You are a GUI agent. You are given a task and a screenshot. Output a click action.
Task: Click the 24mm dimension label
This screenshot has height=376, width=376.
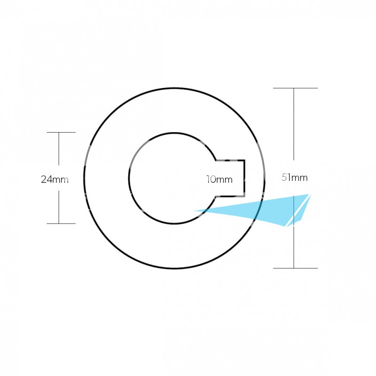pos(55,180)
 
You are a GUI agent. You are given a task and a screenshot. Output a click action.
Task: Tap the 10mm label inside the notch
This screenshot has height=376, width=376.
pos(219,180)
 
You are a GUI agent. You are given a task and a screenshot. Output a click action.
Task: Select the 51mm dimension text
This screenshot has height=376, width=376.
pos(295,178)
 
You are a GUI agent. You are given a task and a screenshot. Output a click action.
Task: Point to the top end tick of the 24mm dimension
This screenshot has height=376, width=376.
pos(61,132)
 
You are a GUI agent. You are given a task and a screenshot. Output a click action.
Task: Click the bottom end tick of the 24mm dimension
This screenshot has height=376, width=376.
pos(61,224)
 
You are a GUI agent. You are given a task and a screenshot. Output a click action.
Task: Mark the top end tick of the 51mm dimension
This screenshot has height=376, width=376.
pos(295,88)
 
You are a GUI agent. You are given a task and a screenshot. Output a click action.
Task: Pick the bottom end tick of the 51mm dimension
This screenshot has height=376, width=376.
pos(295,268)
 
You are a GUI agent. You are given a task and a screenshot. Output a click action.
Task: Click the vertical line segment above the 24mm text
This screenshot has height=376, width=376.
pos(59,149)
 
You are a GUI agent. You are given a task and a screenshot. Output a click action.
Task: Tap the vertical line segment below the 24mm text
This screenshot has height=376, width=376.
pos(59,207)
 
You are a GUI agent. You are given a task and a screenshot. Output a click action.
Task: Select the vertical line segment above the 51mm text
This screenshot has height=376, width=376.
pos(294,124)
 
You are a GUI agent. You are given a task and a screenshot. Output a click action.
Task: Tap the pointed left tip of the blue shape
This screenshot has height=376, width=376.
pos(194,211)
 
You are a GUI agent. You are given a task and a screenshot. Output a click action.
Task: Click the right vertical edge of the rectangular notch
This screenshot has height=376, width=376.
pos(244,178)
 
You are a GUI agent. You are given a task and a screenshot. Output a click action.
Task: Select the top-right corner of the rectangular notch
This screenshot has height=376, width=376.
pos(244,160)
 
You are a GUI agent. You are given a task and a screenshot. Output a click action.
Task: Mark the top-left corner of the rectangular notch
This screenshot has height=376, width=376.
pos(216,160)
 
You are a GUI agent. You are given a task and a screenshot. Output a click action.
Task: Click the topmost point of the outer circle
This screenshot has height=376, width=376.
pos(174,88)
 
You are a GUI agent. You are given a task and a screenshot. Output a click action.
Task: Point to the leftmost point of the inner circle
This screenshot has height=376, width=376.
pos(129,178)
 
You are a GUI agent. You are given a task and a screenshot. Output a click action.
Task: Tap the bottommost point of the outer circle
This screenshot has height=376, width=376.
pos(174,268)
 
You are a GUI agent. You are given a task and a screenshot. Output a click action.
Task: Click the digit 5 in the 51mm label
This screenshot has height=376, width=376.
pos(284,178)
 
